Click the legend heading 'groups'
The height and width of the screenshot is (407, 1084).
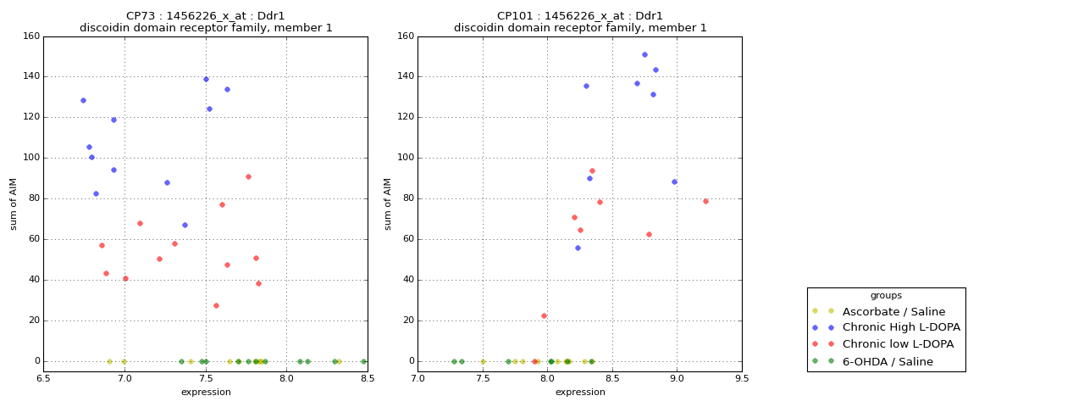pyautogui.click(x=886, y=296)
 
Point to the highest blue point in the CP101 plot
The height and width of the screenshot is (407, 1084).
pyautogui.click(x=644, y=54)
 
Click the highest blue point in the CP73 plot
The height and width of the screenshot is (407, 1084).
pyautogui.click(x=206, y=79)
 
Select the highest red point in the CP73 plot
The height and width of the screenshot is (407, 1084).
pyautogui.click(x=248, y=176)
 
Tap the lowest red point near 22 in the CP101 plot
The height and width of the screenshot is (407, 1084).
pyautogui.click(x=544, y=315)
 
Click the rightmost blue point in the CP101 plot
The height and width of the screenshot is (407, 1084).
pyautogui.click(x=674, y=181)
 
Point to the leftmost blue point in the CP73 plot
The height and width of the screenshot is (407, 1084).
pyautogui.click(x=83, y=100)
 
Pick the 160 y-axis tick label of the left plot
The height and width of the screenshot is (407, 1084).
pyautogui.click(x=31, y=36)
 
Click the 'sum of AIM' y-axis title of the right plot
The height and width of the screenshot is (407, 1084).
pyautogui.click(x=388, y=203)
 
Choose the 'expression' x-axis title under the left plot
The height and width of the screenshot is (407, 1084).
pyautogui.click(x=206, y=392)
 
